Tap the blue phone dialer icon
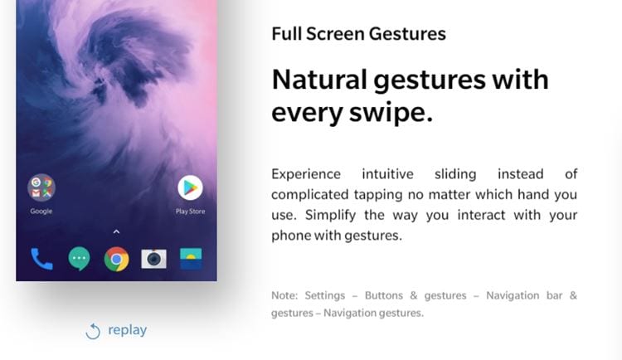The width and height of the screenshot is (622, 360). click(x=41, y=259)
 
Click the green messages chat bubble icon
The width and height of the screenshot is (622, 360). click(x=79, y=259)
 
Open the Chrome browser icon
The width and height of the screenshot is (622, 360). click(x=117, y=259)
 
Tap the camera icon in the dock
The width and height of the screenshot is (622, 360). click(x=154, y=259)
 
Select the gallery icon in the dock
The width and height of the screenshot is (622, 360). click(x=191, y=259)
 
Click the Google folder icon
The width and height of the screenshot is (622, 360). click(x=41, y=187)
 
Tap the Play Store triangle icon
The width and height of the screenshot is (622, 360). click(x=191, y=187)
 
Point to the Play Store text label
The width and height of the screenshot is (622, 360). click(x=191, y=212)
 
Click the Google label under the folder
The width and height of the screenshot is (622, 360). click(x=41, y=212)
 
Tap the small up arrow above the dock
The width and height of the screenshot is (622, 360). click(x=116, y=231)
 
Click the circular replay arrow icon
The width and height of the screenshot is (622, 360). click(x=93, y=332)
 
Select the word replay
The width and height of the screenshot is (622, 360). click(x=128, y=330)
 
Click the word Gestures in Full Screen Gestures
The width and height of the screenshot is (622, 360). click(x=407, y=35)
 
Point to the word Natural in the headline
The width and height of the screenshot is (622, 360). click(x=319, y=80)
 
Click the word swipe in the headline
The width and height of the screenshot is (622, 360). click(x=391, y=113)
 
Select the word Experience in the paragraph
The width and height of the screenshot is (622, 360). click(x=306, y=175)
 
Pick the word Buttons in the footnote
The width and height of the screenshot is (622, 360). click(x=384, y=295)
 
